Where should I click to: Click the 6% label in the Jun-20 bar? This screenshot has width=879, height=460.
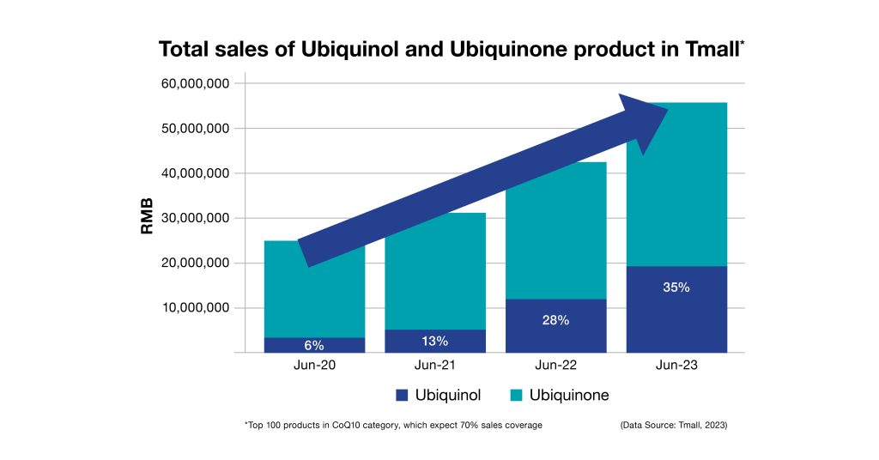(x=314, y=345)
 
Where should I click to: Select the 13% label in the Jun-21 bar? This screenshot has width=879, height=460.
(x=434, y=341)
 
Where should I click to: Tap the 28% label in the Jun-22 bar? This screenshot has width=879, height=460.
(x=556, y=320)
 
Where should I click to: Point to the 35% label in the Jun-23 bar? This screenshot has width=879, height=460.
(x=676, y=287)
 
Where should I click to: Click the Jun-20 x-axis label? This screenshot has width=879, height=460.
(x=314, y=366)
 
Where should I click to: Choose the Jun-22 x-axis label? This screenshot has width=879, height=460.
(x=555, y=366)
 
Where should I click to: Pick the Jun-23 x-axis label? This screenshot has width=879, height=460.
(x=676, y=366)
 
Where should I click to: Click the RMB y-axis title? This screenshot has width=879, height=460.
(x=147, y=218)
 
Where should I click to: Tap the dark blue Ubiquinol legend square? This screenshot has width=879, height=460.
(x=401, y=396)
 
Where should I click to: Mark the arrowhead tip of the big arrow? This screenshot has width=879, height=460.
(x=667, y=108)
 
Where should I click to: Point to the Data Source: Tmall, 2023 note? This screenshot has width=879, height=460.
(x=673, y=426)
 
